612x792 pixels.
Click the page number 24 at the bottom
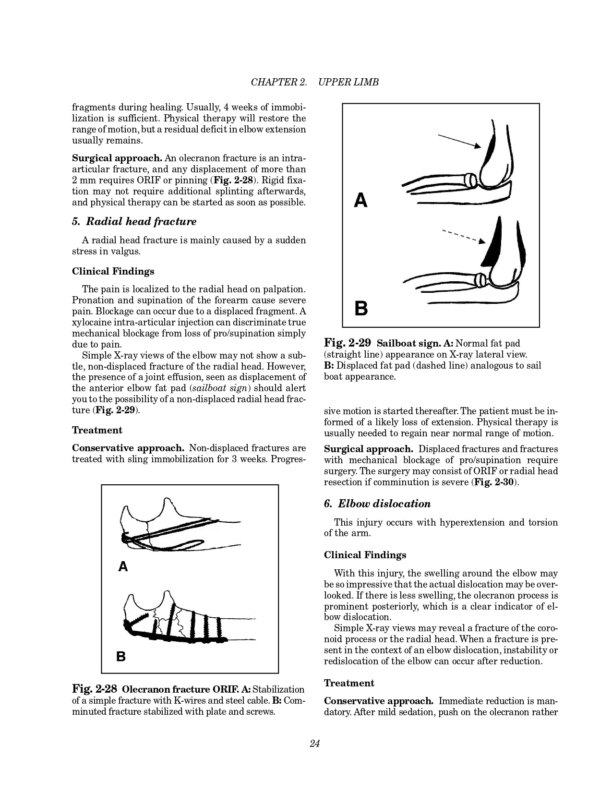[315, 744]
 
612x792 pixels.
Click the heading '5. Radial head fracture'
[134, 221]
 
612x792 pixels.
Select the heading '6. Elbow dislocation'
[377, 504]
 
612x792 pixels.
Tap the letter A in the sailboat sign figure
[360, 200]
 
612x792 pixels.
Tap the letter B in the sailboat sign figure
[361, 308]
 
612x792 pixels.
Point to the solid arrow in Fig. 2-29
[459, 141]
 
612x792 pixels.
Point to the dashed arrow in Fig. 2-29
[463, 236]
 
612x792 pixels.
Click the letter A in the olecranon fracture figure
[123, 567]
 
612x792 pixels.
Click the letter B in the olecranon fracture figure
[121, 656]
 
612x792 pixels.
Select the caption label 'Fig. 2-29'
[348, 343]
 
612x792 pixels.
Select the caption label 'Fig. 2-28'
[95, 689]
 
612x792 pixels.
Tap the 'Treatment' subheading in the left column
[97, 430]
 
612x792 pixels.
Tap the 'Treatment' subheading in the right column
[349, 683]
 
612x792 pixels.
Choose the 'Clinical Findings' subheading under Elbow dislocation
[365, 555]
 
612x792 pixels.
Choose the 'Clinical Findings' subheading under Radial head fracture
[113, 271]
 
